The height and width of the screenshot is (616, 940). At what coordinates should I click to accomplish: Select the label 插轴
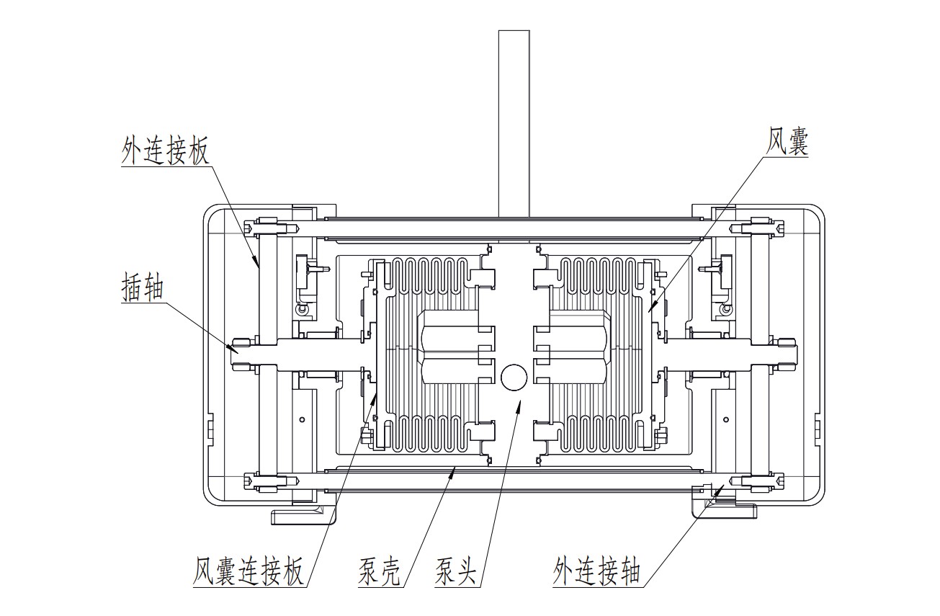coord(142,288)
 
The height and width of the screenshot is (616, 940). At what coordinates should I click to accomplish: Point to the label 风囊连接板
coord(249,572)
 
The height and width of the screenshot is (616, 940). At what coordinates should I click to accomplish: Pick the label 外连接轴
coord(597,572)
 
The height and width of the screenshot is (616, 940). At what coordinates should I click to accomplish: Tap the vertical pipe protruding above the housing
coord(514,122)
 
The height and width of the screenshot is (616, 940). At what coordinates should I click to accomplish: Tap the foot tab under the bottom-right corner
coord(725,511)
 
